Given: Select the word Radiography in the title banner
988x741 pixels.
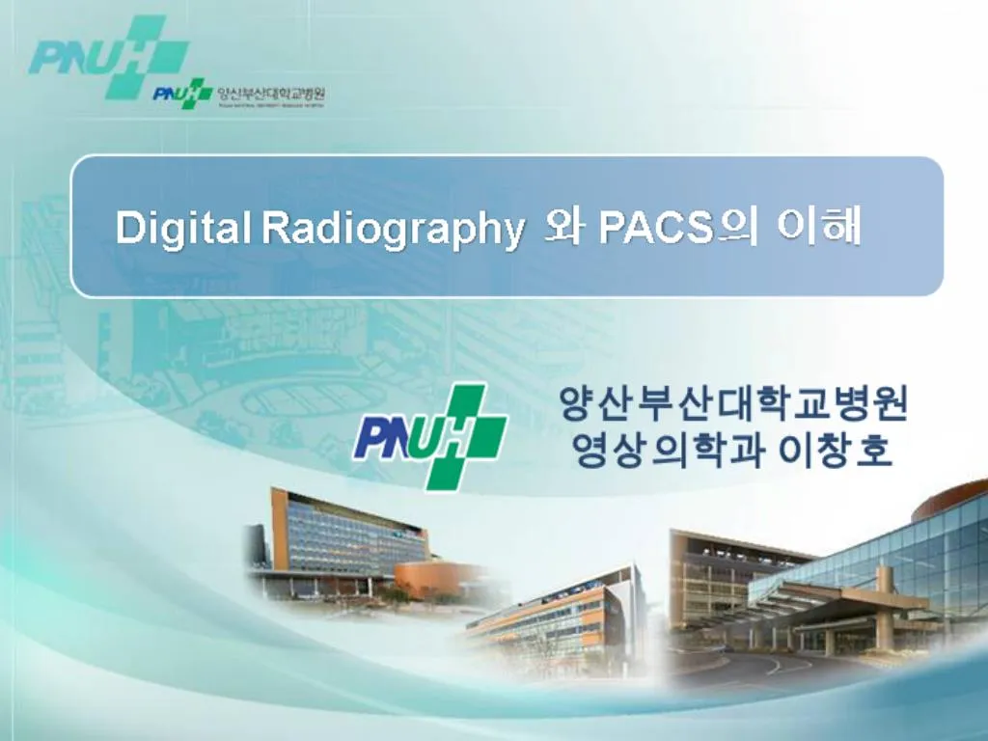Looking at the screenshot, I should tap(393, 230).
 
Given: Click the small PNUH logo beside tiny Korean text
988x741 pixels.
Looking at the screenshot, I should tap(181, 94).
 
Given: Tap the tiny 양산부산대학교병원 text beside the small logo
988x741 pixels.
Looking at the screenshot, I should tap(272, 94).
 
